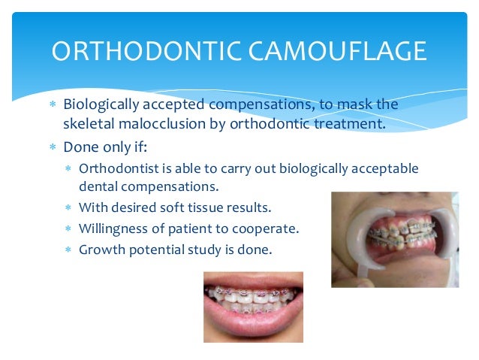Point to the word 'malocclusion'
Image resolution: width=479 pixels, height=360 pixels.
(154, 123)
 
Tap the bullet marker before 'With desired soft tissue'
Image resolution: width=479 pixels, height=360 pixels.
(68, 206)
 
